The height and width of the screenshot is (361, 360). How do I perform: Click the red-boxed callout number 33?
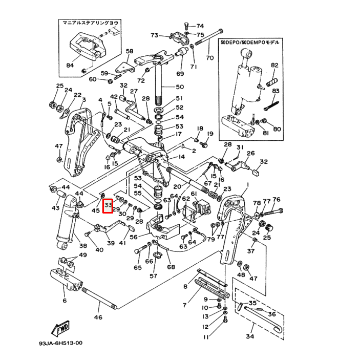pyautogui.click(x=108, y=206)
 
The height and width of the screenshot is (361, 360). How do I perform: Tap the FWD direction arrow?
pyautogui.click(x=61, y=327)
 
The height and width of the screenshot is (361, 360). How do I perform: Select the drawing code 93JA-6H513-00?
pyautogui.click(x=60, y=344)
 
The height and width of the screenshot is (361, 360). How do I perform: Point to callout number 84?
pyautogui.click(x=70, y=66)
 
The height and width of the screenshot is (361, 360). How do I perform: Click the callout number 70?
pyautogui.click(x=209, y=58)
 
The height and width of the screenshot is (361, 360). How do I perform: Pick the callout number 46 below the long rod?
pyautogui.click(x=98, y=317)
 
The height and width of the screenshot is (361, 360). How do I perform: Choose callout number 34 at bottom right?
pyautogui.click(x=250, y=337)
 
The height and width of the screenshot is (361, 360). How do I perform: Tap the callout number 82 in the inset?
pyautogui.click(x=274, y=65)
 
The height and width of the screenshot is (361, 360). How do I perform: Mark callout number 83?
pyautogui.click(x=276, y=91)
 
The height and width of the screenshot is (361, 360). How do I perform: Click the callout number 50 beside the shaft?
pyautogui.click(x=179, y=87)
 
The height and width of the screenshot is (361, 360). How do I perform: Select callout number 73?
pyautogui.click(x=155, y=35)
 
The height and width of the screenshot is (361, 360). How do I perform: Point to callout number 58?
pyautogui.click(x=130, y=51)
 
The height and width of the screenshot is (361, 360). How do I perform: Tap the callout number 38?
pyautogui.click(x=83, y=246)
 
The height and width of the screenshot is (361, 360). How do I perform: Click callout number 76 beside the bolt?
pyautogui.click(x=277, y=200)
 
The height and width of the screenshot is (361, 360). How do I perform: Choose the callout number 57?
pyautogui.click(x=153, y=277)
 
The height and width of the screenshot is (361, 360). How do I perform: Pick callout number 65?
pyautogui.click(x=138, y=268)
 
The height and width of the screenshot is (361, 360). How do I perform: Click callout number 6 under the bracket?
pyautogui.click(x=65, y=301)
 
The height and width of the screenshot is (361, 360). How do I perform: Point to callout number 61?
pyautogui.click(x=194, y=194)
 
